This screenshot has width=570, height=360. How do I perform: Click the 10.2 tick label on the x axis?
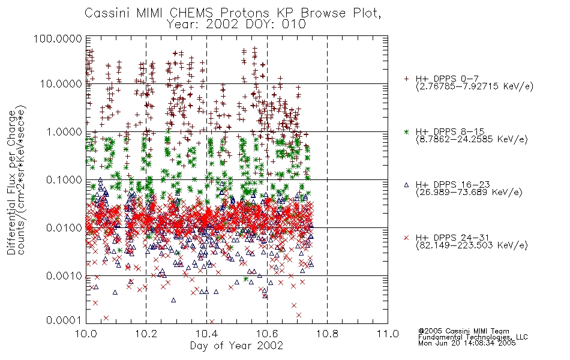pyautogui.click(x=146, y=334)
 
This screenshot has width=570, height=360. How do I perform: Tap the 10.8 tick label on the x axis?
pyautogui.click(x=327, y=334)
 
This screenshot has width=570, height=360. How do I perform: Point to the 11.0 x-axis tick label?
pyautogui.click(x=388, y=334)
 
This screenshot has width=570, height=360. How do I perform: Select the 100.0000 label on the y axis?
pyautogui.click(x=58, y=38)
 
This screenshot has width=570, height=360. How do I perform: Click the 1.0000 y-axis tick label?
pyautogui.click(x=64, y=131)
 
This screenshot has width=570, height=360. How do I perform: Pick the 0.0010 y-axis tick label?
pyautogui.click(x=64, y=276)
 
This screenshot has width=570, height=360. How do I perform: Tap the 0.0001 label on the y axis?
pyautogui.click(x=64, y=320)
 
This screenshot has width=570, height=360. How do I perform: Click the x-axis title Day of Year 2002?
pyautogui.click(x=236, y=346)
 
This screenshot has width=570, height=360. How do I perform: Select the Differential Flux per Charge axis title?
pyautogui.click(x=12, y=182)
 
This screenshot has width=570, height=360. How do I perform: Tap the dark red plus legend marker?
pyautogui.click(x=406, y=79)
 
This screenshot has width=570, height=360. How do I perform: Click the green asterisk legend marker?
pyautogui.click(x=406, y=131)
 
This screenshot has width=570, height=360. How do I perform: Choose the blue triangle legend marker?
pyautogui.click(x=406, y=185)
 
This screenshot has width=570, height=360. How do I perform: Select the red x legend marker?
pyautogui.click(x=406, y=238)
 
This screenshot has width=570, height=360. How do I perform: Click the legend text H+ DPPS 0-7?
pyautogui.click(x=447, y=79)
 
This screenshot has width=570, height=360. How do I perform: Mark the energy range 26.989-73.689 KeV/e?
pyautogui.click(x=469, y=193)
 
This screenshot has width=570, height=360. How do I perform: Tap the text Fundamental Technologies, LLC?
pyautogui.click(x=473, y=337)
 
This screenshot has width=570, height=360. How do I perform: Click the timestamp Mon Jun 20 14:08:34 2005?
pyautogui.click(x=467, y=343)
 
